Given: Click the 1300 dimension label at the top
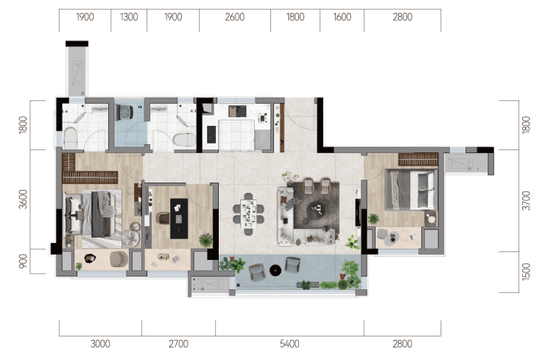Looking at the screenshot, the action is pyautogui.click(x=129, y=17).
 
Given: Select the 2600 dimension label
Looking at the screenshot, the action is pyautogui.click(x=235, y=17).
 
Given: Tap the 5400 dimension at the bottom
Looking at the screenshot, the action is pyautogui.click(x=289, y=344).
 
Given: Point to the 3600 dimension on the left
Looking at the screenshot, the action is pyautogui.click(x=23, y=199).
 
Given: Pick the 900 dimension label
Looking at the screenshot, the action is pyautogui.click(x=23, y=261).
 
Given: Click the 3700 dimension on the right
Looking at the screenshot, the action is pyautogui.click(x=527, y=200).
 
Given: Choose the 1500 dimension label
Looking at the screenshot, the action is pyautogui.click(x=527, y=272).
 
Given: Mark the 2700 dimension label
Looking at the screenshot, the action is pyautogui.click(x=178, y=344).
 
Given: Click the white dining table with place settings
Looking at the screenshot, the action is pyautogui.click(x=248, y=213).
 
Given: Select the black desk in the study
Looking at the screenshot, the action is pyautogui.click(x=179, y=219).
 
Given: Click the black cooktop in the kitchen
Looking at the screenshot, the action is pyautogui.click(x=211, y=135).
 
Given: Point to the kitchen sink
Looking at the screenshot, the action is pyautogui.click(x=237, y=111).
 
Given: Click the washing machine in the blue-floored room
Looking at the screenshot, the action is pyautogui.click(x=124, y=112).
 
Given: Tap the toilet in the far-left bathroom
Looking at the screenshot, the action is pyautogui.click(x=70, y=138).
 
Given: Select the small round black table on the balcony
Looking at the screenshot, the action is pyautogui.click(x=275, y=270).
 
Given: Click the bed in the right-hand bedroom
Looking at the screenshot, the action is pyautogui.click(x=411, y=189).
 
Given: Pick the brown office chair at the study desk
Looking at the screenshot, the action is pyautogui.click(x=163, y=218).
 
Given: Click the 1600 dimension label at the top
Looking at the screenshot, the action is pyautogui.click(x=342, y=17).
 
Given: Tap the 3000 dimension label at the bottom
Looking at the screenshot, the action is pyautogui.click(x=100, y=344).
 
